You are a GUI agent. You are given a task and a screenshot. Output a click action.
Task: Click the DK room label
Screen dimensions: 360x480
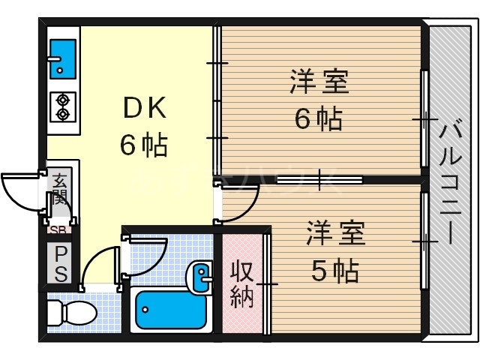click(143, 109)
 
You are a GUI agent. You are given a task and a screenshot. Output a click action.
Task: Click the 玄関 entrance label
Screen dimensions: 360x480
click(59, 191)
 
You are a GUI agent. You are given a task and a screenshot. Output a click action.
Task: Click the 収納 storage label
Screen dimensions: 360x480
click(241, 283)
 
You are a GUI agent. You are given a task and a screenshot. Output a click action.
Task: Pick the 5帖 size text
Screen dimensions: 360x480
click(334, 268)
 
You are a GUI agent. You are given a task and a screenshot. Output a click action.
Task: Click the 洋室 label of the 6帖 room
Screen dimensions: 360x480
click(319, 82)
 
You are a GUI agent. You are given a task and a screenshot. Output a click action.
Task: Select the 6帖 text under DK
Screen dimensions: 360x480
click(143, 144)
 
